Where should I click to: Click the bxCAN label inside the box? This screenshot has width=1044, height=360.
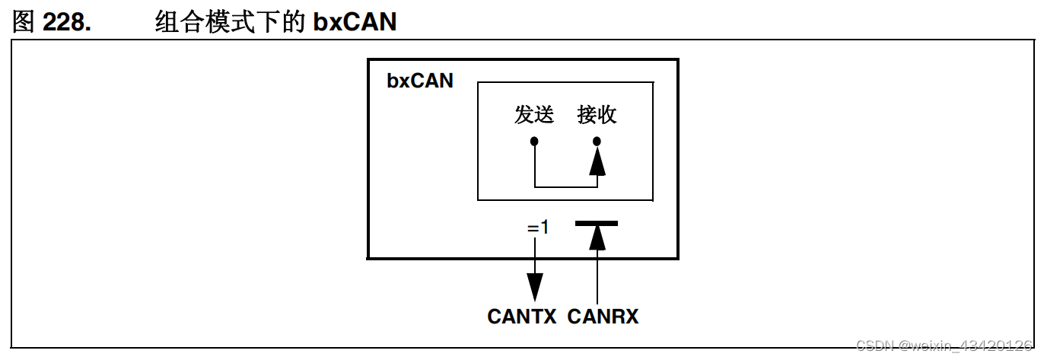tap(420, 81)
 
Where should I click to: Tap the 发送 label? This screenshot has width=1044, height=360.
tap(534, 115)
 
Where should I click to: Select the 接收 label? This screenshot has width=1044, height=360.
tap(597, 115)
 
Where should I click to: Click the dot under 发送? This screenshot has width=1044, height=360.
tap(535, 142)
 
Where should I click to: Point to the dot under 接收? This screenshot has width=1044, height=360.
tap(597, 142)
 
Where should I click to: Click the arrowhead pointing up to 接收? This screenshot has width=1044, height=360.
tap(597, 161)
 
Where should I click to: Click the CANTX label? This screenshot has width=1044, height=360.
tap(522, 317)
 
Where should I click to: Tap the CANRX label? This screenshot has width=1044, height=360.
tap(603, 317)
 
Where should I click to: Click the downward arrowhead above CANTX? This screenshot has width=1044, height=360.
tap(536, 286)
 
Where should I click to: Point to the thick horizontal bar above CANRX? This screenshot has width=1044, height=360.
tap(597, 223)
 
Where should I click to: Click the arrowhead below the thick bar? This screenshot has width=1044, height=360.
tap(597, 237)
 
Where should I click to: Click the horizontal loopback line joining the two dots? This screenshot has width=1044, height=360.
tap(566, 186)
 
